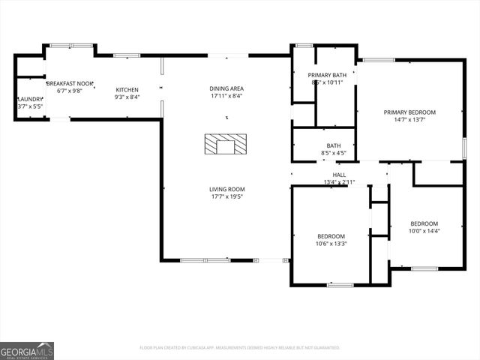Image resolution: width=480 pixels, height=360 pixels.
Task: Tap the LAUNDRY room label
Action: (30, 99)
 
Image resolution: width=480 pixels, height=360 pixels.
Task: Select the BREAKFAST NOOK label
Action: (70, 83)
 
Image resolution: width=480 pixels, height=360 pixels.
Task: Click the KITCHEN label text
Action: (127, 89)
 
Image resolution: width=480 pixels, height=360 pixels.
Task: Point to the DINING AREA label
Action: (226, 88)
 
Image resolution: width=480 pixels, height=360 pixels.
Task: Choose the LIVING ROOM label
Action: (226, 189)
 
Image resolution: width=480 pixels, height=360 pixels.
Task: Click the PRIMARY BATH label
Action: (327, 75)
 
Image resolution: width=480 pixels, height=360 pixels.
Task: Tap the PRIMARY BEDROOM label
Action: (409, 112)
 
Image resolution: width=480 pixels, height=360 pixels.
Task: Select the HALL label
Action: (339, 175)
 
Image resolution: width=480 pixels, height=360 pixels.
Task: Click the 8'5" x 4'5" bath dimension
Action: (334, 153)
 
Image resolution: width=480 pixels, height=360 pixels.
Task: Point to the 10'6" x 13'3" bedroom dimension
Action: (331, 243)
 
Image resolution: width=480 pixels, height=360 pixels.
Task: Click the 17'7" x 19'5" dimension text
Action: (226, 196)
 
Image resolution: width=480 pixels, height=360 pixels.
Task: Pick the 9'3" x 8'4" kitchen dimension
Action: (127, 97)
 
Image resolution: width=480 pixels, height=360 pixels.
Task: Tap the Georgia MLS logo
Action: (27, 350)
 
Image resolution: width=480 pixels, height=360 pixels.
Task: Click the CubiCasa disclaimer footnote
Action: (240, 347)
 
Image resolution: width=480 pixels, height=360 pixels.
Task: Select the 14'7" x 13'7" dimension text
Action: (409, 120)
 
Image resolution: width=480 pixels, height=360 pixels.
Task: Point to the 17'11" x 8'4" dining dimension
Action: (226, 96)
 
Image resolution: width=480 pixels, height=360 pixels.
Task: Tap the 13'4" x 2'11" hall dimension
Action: (339, 182)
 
